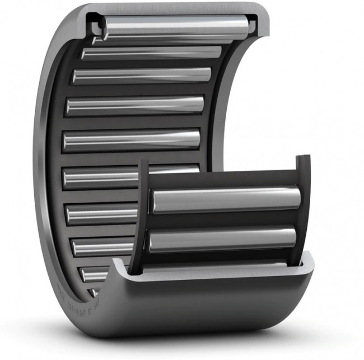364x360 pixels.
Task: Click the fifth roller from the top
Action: coord(131,139)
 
